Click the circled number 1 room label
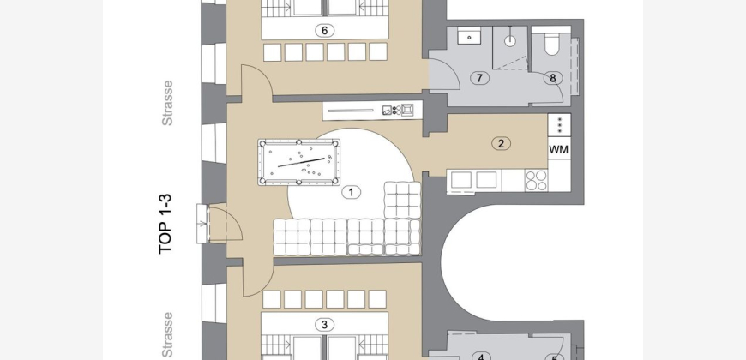(x=351, y=192)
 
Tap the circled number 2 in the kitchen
(x=501, y=143)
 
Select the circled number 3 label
(x=324, y=325)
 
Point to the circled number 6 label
(x=324, y=31)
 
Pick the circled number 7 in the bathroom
(x=479, y=78)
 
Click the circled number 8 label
(x=553, y=79)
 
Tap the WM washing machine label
(x=559, y=149)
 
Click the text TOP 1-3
(x=165, y=224)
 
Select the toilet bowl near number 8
(x=552, y=45)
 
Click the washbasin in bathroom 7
(x=469, y=36)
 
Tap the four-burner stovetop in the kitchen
(x=536, y=180)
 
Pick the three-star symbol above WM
(x=559, y=124)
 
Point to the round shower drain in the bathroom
(x=509, y=40)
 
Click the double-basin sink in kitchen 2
(x=474, y=180)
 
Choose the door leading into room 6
(x=257, y=81)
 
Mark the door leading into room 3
(x=258, y=279)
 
